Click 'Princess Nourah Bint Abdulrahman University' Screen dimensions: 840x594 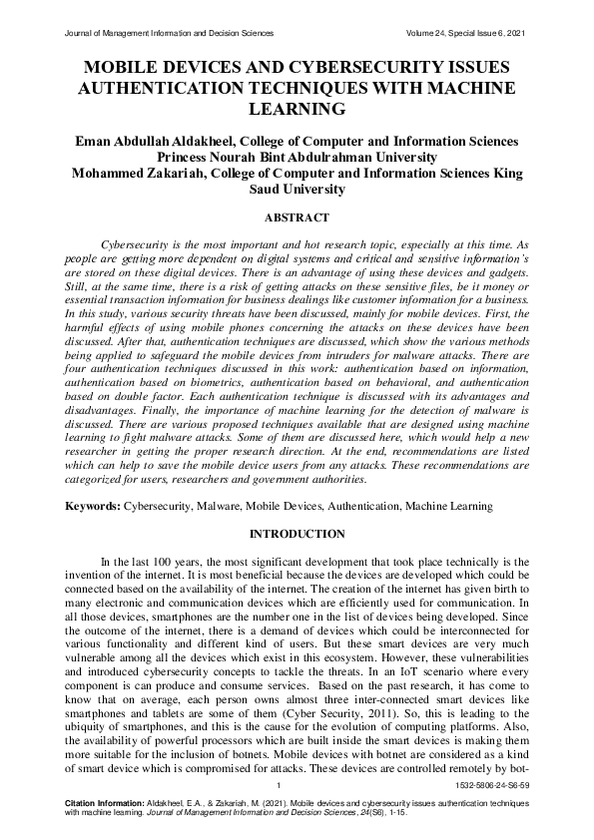(x=297, y=157)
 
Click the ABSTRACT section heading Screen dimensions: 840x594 (x=297, y=216)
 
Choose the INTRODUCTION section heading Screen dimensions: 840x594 (x=297, y=534)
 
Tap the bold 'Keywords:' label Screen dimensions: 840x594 (x=93, y=507)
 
